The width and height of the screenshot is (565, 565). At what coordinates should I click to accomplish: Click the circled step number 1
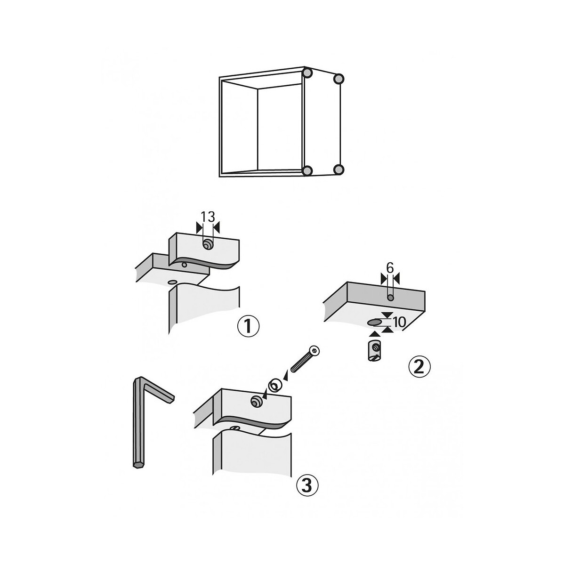pyautogui.click(x=248, y=327)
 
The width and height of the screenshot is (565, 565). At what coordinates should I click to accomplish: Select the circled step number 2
pyautogui.click(x=419, y=366)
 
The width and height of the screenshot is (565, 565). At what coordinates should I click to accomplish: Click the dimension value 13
pyautogui.click(x=208, y=217)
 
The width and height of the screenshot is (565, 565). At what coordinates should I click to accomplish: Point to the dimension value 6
pyautogui.click(x=390, y=267)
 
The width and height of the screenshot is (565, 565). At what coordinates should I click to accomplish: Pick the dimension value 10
pyautogui.click(x=399, y=322)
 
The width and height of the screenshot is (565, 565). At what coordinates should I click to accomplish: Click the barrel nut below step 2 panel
pyautogui.click(x=374, y=350)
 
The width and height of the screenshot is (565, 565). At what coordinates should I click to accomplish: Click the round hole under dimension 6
pyautogui.click(x=390, y=298)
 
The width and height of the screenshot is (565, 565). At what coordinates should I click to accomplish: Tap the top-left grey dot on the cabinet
pyautogui.click(x=307, y=72)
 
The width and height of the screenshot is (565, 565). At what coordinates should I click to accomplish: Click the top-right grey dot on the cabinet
pyautogui.click(x=339, y=79)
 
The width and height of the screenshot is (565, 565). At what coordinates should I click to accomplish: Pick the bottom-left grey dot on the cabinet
pyautogui.click(x=307, y=171)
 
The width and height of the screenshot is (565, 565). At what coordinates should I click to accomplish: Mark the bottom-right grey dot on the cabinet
pyautogui.click(x=339, y=169)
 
